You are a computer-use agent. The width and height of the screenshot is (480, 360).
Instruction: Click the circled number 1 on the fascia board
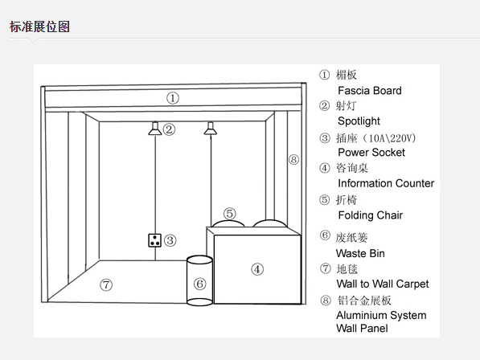point(173,98)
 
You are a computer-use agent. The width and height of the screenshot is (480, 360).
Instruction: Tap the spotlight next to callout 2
point(155,129)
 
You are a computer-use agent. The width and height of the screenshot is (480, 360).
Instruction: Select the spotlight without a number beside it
point(211,129)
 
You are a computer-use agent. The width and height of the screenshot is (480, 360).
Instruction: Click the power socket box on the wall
point(154,240)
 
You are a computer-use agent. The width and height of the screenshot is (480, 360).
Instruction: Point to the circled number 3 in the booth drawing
point(170,240)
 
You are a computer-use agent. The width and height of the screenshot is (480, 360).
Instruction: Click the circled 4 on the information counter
point(257,269)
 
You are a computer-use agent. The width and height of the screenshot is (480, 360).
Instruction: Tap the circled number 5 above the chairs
point(230,214)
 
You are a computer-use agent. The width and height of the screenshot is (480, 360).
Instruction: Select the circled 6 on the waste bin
point(199,284)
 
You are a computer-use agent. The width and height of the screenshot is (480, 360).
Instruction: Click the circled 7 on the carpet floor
point(106,285)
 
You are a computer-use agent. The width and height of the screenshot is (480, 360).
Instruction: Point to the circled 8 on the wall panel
point(293,159)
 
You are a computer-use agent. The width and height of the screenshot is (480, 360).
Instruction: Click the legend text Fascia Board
point(370,91)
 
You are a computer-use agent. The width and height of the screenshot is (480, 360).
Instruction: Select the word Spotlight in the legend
point(359,121)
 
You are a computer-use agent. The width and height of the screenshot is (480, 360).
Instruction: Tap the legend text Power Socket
point(371,153)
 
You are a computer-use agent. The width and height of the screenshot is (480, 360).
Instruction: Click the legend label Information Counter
point(386,183)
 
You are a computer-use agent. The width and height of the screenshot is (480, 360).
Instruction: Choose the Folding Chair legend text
point(371,215)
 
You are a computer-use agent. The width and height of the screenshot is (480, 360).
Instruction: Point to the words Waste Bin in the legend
point(360,254)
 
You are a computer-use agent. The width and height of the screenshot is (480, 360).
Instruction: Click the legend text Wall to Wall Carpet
point(383,284)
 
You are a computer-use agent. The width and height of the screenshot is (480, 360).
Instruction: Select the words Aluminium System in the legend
point(381,315)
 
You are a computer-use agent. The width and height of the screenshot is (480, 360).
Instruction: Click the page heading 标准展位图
point(39,27)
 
